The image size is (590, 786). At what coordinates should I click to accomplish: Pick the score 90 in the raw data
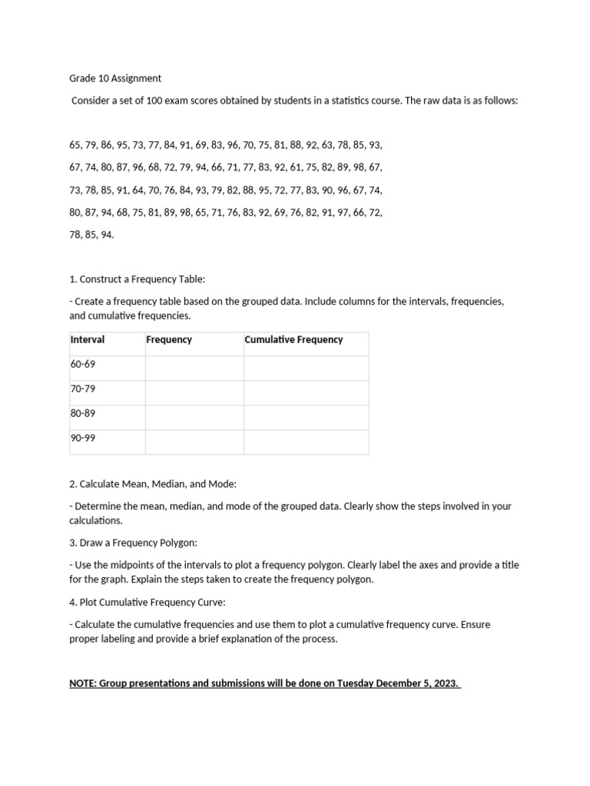pos(326,190)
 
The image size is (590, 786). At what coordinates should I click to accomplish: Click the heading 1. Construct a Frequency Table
pos(131,279)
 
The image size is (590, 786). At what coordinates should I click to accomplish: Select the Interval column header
pos(88,339)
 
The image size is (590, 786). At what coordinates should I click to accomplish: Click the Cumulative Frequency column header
pos(293,339)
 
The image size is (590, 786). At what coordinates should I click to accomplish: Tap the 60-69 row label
pos(83,364)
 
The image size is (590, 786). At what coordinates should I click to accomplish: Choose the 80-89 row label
pos(83,413)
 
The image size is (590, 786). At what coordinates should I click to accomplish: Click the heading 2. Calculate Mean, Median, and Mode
pos(152,484)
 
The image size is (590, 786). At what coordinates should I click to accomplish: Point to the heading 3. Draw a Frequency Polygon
pos(133,543)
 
